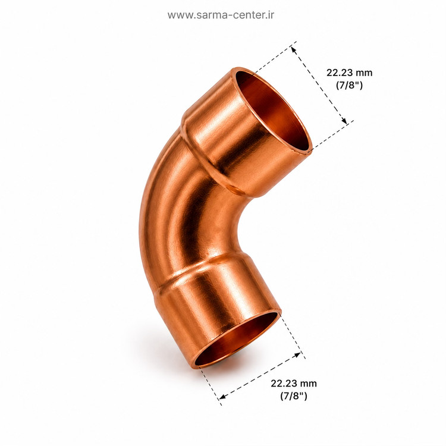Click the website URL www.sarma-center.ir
(x=221, y=15)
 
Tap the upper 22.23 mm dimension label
(x=349, y=73)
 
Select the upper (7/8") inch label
(x=350, y=85)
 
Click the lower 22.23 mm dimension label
(x=294, y=383)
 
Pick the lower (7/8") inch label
(x=294, y=395)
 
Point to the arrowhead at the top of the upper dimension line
(x=293, y=50)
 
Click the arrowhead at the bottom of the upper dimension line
(x=344, y=121)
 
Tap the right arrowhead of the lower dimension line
(x=297, y=354)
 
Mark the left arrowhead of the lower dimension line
(x=223, y=396)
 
